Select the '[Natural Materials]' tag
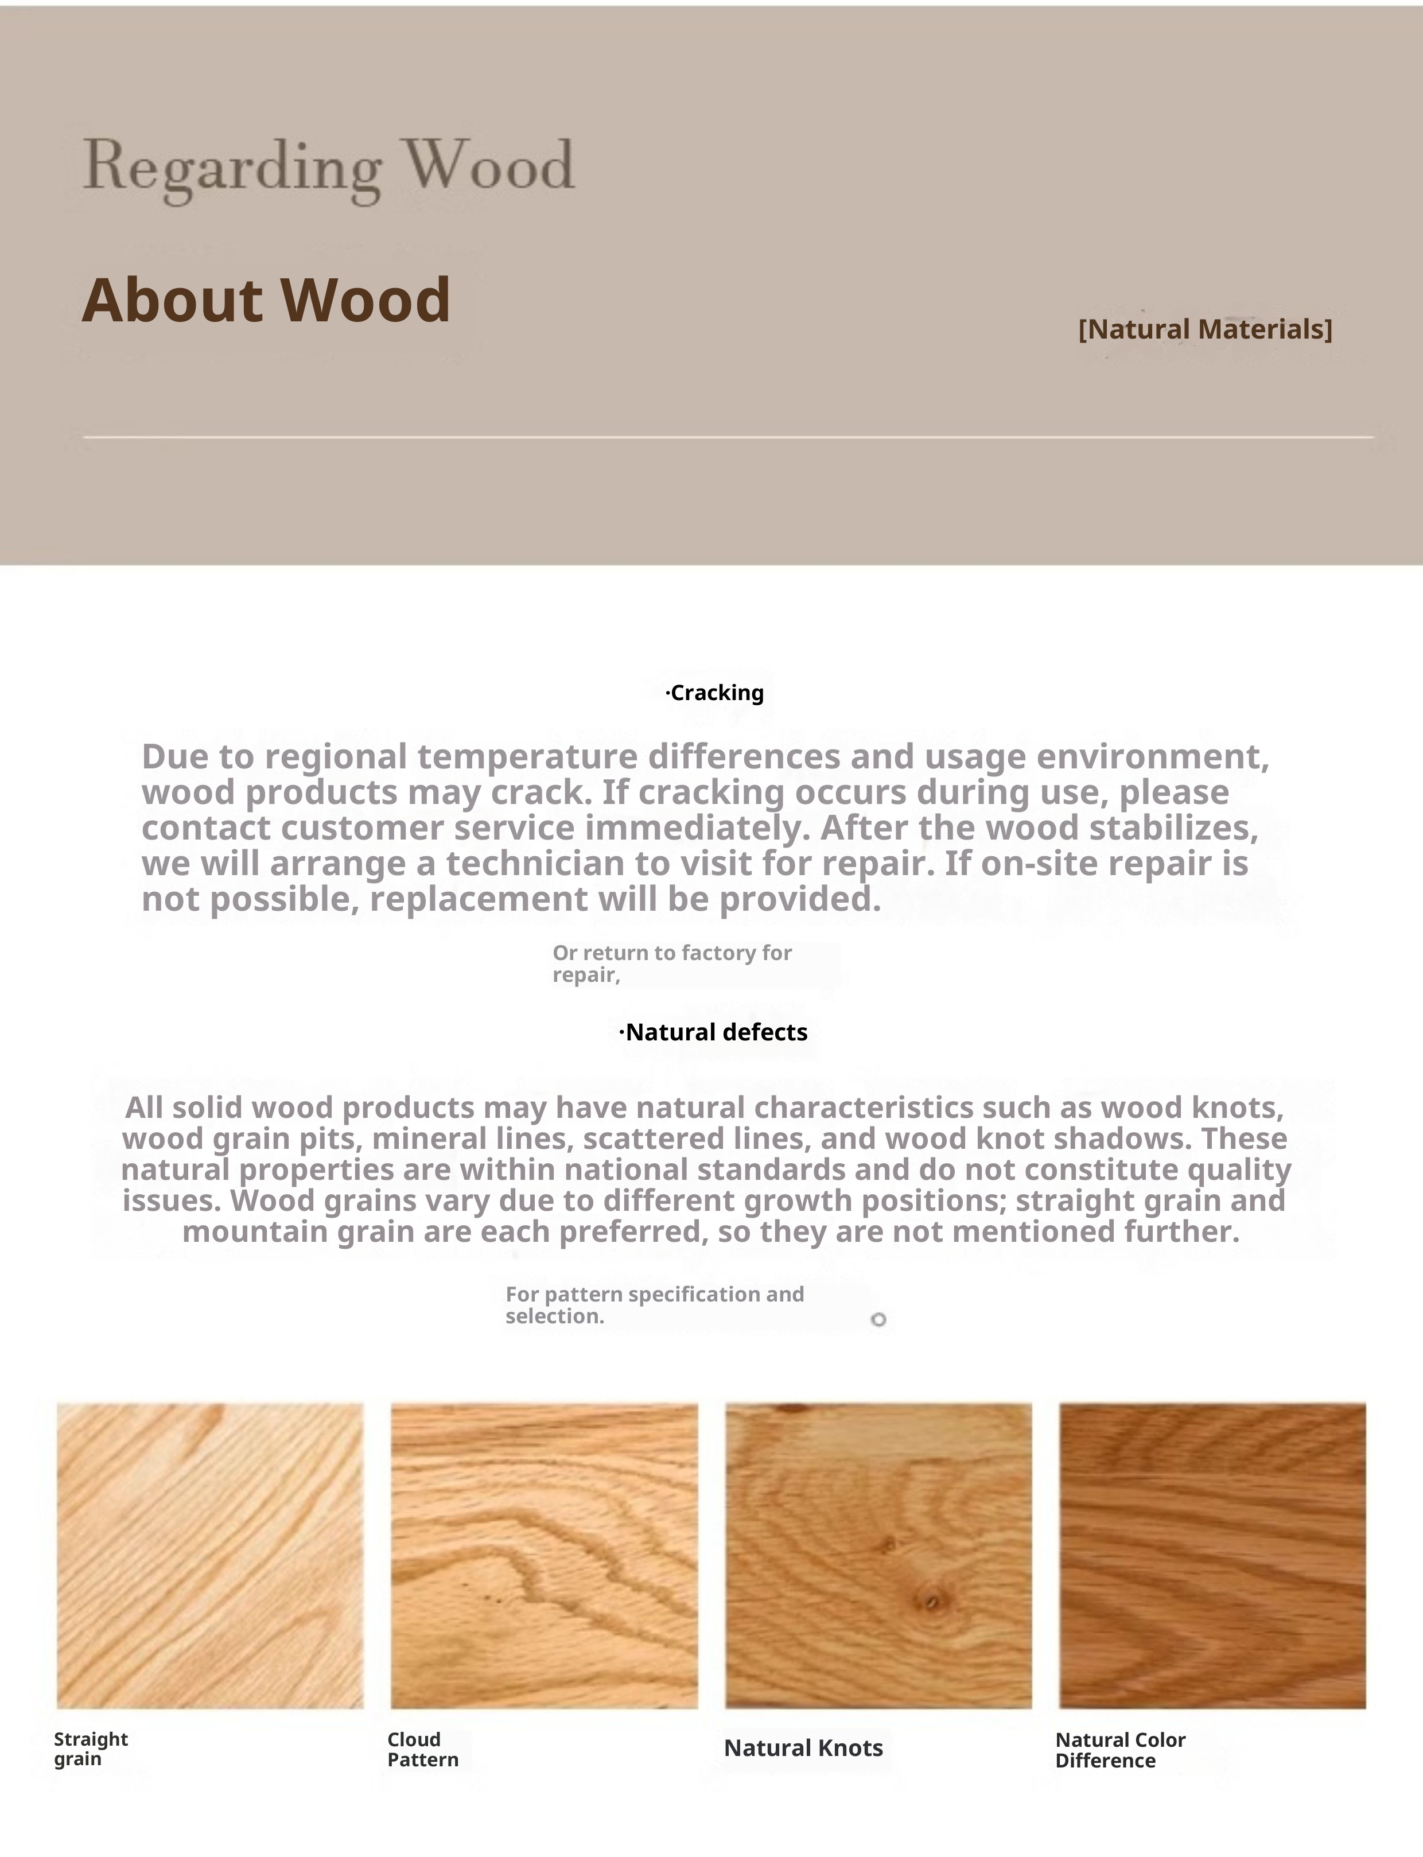pos(1204,329)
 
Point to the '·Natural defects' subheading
pos(713,1032)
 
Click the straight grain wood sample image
pos(210,1555)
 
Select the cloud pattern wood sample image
pos(544,1555)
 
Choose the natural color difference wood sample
pos(1212,1555)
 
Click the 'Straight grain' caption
pos(91,1749)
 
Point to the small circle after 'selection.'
pos(878,1319)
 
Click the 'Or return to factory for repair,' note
pos(672,964)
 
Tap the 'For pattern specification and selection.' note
pos(654,1304)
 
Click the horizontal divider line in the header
pos(729,437)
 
